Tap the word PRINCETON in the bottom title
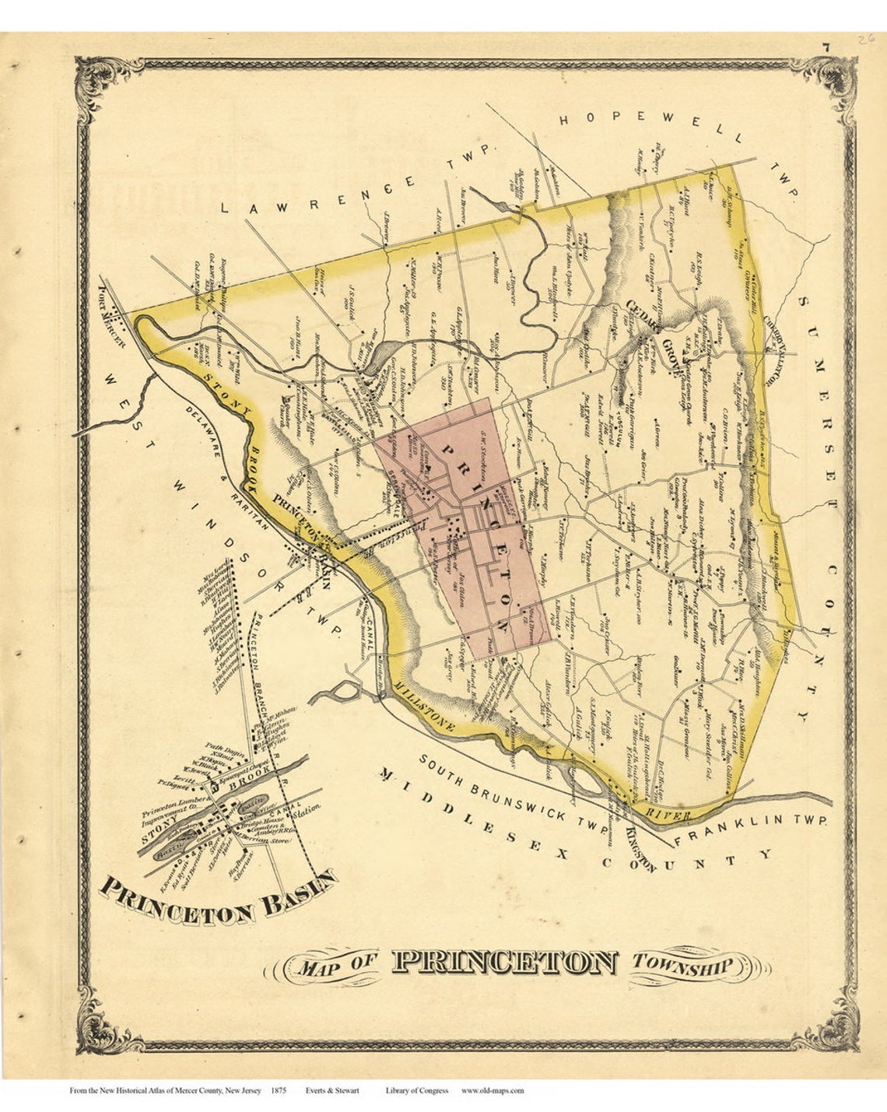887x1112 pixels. pyautogui.click(x=505, y=963)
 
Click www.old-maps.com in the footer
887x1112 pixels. pyautogui.click(x=493, y=1091)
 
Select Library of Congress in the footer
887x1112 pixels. pyautogui.click(x=416, y=1091)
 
